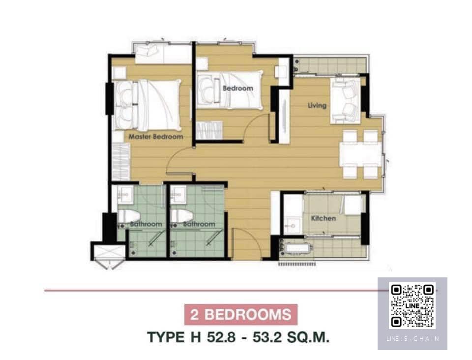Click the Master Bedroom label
point(156,137)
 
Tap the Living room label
point(317,105)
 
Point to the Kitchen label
point(324,218)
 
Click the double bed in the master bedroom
point(147,105)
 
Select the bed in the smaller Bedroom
point(230,90)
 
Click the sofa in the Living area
point(346,101)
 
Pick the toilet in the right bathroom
point(182,216)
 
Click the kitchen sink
point(291,225)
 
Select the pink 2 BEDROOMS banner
point(241,315)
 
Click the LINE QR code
point(413,305)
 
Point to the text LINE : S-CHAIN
point(413,339)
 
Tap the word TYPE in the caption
point(166,337)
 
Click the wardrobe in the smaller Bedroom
point(209,130)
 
